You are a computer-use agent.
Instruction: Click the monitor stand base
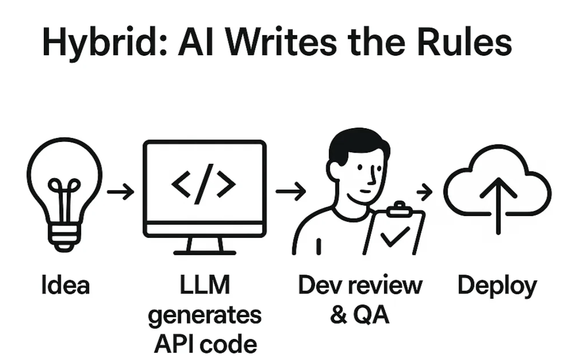(204, 250)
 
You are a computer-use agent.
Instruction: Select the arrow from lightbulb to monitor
(121, 192)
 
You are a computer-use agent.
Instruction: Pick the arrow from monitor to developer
(290, 192)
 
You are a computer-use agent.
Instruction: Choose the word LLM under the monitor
(204, 285)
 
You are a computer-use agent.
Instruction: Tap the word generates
(204, 315)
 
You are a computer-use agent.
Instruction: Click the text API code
(204, 343)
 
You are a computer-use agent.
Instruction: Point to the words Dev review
(360, 285)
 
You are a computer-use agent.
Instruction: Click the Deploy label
(497, 286)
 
